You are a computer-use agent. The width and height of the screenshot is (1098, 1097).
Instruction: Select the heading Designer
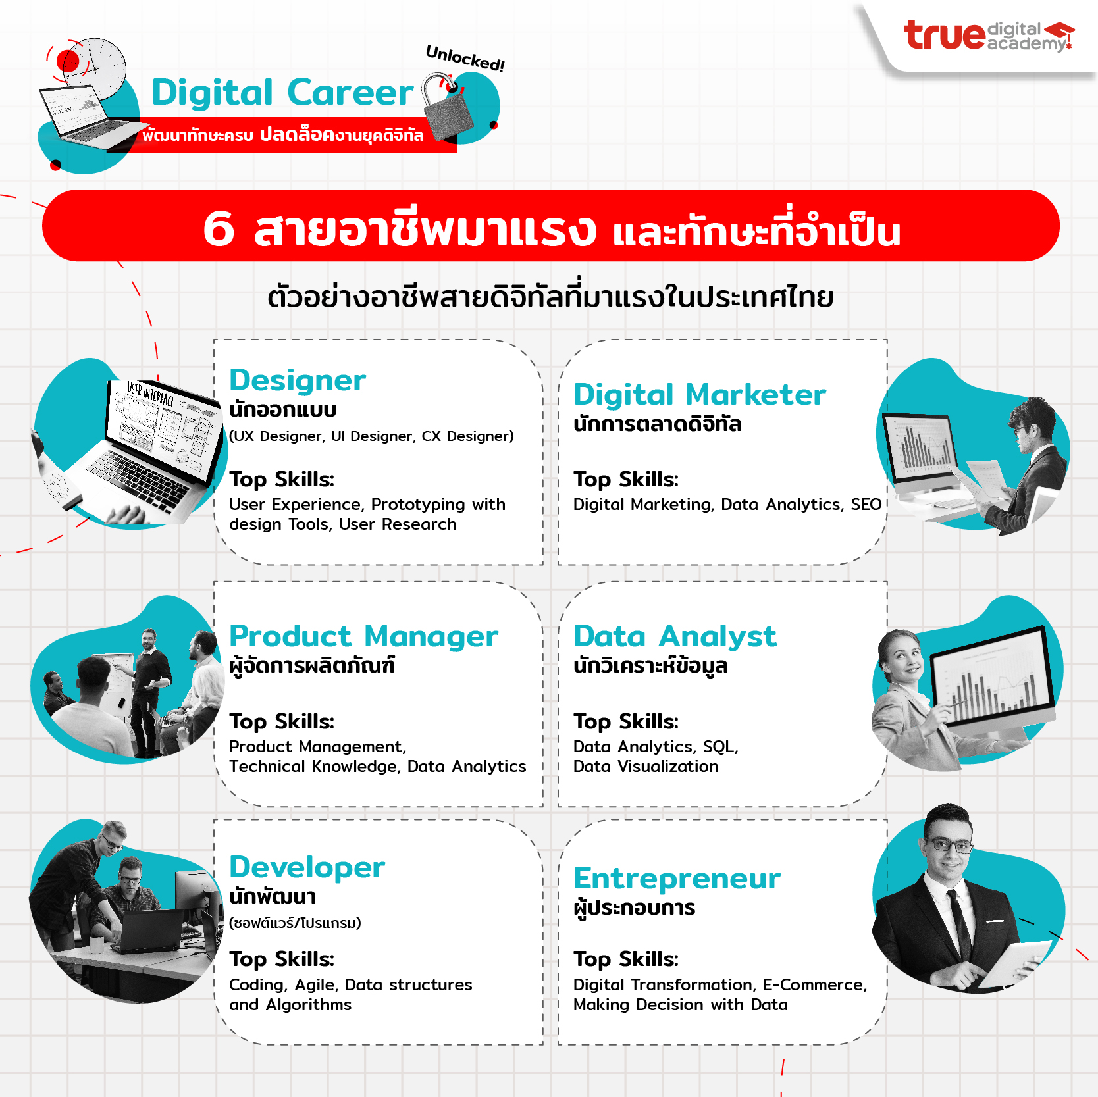[298, 380]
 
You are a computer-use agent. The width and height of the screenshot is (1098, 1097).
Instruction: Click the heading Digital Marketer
[700, 395]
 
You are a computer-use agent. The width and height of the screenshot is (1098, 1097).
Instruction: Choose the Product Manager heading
[363, 636]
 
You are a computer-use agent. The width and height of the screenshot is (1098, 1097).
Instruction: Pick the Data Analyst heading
[675, 636]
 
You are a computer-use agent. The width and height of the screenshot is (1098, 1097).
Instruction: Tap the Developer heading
[307, 867]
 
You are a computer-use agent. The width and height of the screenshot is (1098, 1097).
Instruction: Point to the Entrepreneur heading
[677, 879]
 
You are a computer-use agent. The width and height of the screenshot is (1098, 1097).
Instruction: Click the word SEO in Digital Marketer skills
[866, 505]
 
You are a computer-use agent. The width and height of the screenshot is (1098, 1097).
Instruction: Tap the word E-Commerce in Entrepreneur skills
[815, 985]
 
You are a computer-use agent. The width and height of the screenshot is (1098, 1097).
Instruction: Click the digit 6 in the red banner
[219, 229]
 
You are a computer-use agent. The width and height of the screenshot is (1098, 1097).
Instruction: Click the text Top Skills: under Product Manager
[282, 722]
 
